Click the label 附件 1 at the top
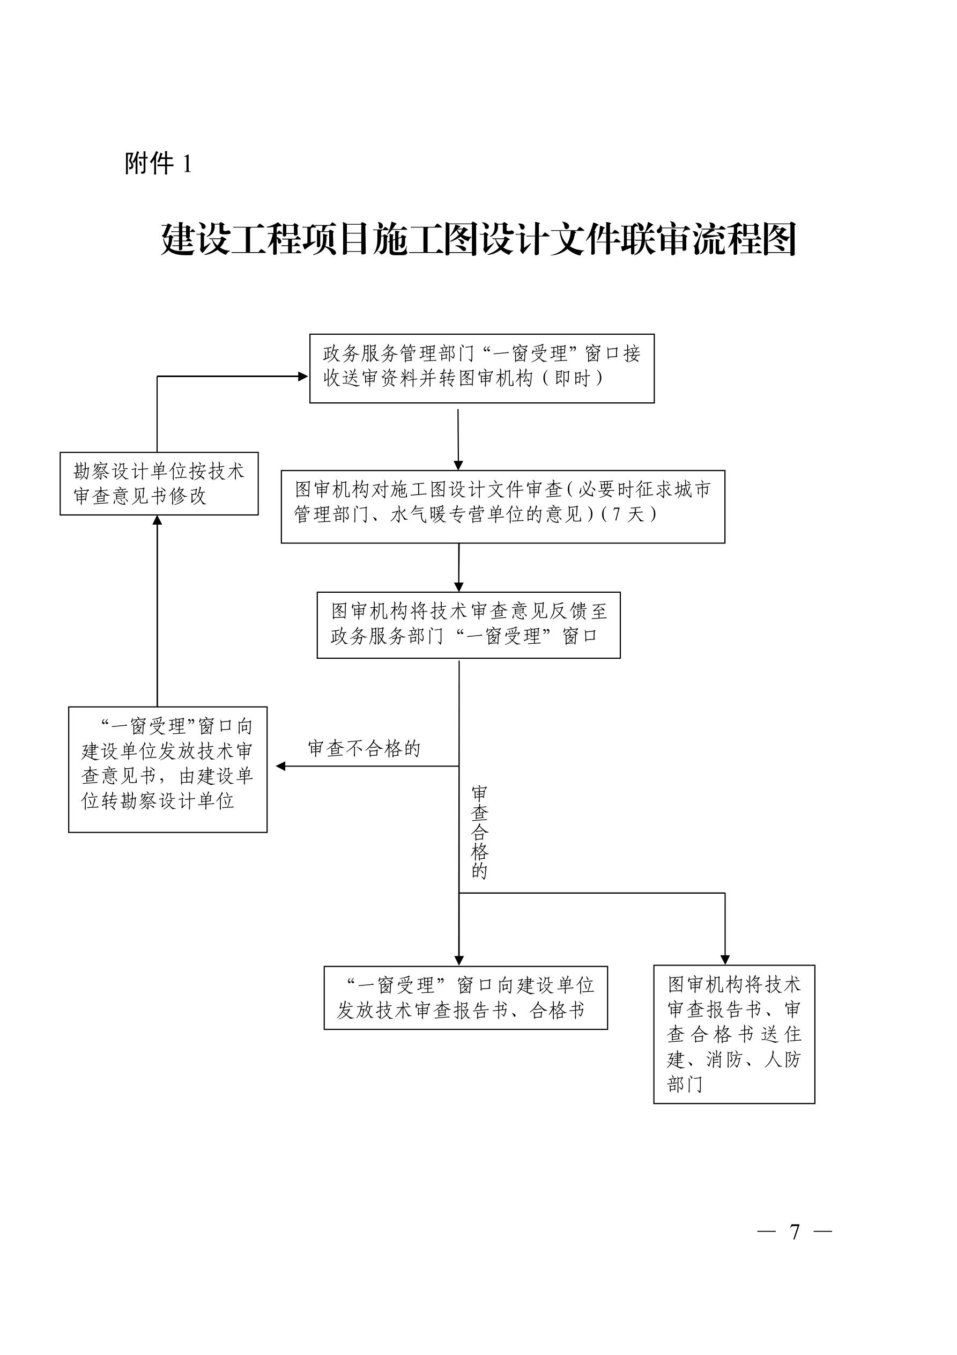tap(158, 164)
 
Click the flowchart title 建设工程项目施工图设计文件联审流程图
tap(478, 239)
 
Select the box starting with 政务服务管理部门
tap(482, 369)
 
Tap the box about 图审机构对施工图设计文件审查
tap(503, 506)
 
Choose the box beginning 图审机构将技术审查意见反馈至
tap(469, 625)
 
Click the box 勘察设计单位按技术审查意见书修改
tap(159, 483)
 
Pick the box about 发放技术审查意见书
tap(168, 770)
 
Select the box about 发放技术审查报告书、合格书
tap(465, 997)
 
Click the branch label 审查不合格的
tap(364, 749)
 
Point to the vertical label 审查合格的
tap(479, 832)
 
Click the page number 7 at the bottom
tap(795, 1232)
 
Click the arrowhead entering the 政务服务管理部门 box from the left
tap(303, 377)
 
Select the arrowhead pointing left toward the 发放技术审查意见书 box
tap(281, 766)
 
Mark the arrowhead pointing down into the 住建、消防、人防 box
tap(725, 959)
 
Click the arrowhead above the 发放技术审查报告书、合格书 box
tap(459, 960)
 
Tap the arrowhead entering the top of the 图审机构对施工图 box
tap(458, 465)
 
